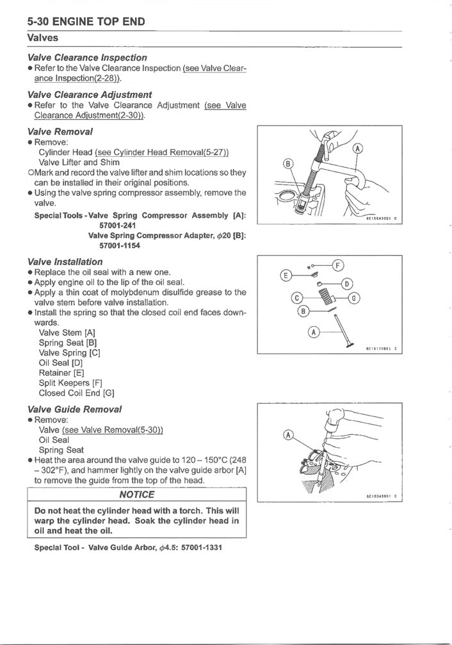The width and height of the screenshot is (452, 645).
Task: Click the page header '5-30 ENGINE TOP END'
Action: coord(86,22)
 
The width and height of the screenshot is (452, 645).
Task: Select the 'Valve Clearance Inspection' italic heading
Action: coord(87,58)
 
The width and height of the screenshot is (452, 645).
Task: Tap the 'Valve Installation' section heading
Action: coord(65,261)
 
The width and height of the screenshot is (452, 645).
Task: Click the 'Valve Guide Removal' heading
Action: coord(74,409)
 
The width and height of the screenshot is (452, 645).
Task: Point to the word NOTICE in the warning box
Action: coord(136,494)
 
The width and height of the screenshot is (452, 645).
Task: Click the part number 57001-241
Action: coord(117,225)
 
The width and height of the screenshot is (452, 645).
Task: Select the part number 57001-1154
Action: coord(120,245)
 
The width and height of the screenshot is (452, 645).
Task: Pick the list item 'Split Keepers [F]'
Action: coord(66,383)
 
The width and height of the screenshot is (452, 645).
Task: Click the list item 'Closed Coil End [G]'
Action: coord(76,393)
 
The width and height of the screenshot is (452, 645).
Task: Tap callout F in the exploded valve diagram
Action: coord(338,265)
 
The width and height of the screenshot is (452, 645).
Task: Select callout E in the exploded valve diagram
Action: coord(287,275)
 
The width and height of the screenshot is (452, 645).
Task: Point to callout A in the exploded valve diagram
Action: coord(313,332)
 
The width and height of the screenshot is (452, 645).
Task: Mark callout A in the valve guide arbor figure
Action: coord(288,436)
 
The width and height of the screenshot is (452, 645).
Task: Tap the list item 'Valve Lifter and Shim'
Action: coord(79,162)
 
